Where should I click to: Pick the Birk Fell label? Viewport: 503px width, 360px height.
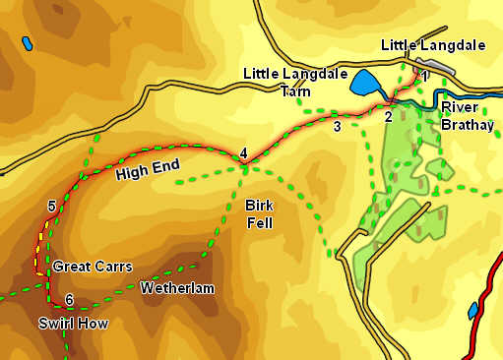(261, 213)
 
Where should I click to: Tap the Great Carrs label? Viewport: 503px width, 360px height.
(92, 267)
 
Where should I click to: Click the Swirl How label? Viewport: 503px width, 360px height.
(73, 324)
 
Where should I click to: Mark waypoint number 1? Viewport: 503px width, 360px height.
(424, 76)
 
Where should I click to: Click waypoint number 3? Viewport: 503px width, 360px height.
(337, 126)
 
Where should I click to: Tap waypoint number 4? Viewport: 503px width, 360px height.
(243, 152)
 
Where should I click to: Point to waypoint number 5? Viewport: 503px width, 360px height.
(50, 206)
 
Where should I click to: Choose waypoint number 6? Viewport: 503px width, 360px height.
(68, 300)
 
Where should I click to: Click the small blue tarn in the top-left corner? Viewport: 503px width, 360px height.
(26, 43)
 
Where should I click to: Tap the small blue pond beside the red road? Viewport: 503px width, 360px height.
(473, 311)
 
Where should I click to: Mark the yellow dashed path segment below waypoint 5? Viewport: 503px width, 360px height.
(41, 241)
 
